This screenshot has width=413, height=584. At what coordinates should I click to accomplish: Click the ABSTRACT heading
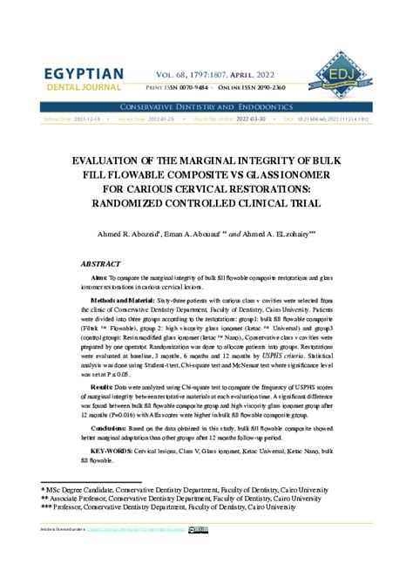point(99,262)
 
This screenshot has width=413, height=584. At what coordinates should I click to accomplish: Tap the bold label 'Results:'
point(101,385)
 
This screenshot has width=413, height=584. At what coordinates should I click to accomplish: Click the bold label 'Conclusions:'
point(109,428)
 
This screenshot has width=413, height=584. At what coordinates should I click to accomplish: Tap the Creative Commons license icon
point(200,530)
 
